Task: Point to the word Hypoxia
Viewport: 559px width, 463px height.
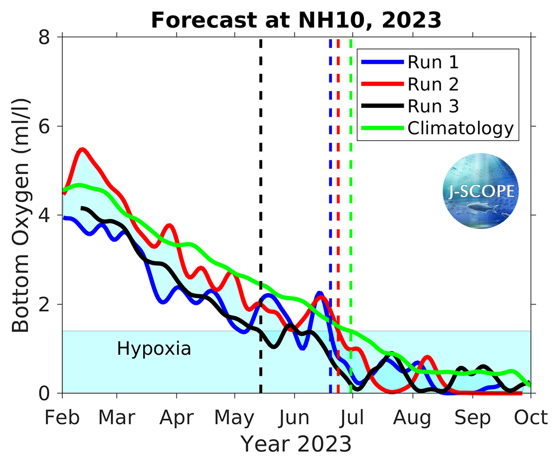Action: pyautogui.click(x=154, y=349)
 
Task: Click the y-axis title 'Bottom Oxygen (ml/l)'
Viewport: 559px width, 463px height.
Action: pyautogui.click(x=21, y=215)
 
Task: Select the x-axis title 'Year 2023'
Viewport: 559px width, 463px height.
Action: pyautogui.click(x=296, y=444)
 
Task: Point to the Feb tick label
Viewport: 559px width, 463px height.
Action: pyautogui.click(x=62, y=417)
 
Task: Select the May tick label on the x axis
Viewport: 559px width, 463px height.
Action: pyautogui.click(x=235, y=417)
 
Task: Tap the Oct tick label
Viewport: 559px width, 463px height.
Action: pyautogui.click(x=530, y=417)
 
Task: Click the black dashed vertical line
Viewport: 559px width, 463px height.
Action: pyautogui.click(x=260, y=223)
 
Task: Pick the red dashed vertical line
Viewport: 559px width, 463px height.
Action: pyautogui.click(x=338, y=223)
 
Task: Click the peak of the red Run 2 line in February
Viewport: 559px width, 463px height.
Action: pyautogui.click(x=83, y=149)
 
